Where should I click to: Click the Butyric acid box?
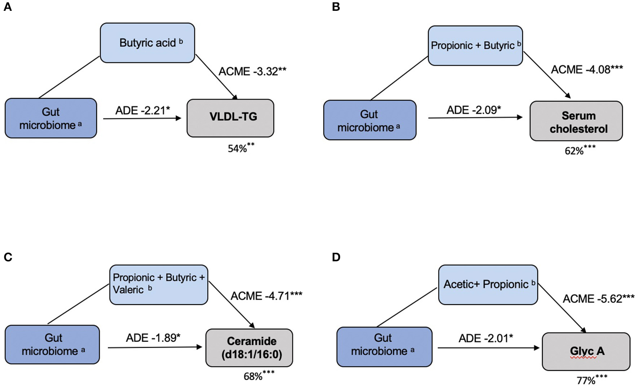(147, 43)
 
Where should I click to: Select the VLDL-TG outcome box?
(230, 118)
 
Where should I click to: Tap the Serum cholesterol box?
(576, 121)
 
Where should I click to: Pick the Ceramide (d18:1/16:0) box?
(249, 348)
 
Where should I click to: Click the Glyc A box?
(586, 351)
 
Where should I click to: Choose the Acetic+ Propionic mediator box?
(488, 285)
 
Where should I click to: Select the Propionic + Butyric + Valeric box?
(158, 285)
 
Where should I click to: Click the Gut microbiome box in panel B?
(370, 120)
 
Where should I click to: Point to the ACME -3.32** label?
(252, 71)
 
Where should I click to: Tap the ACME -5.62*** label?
(598, 299)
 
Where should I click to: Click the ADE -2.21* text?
(142, 110)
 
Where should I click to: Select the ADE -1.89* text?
(153, 338)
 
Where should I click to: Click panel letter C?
(8, 257)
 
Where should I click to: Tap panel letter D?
(336, 257)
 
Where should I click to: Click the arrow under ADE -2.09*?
(475, 117)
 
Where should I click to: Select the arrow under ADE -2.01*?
(488, 348)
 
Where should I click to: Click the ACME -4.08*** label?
(587, 69)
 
